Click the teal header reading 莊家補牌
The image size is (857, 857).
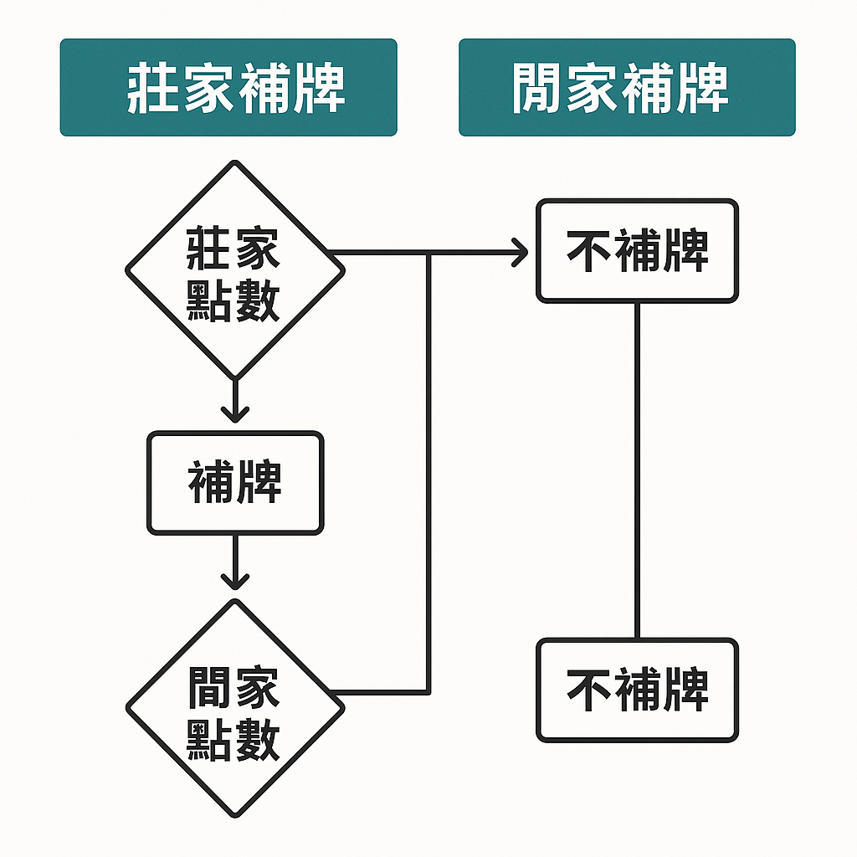228,87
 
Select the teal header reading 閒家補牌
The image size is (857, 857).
627,87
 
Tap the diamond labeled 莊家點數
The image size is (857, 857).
234,269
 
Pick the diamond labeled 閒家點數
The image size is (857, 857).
234,709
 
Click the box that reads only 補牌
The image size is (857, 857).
234,483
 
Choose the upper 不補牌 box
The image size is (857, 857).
637,250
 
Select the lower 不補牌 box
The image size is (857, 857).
637,690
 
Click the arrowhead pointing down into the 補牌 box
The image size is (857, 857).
234,412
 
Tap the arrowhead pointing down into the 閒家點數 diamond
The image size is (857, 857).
234,578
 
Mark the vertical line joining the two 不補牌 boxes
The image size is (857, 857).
637,469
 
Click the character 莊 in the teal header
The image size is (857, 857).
153,88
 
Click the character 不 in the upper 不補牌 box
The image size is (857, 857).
589,250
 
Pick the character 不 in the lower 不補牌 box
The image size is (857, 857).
589,690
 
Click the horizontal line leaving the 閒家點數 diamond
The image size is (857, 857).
381,692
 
